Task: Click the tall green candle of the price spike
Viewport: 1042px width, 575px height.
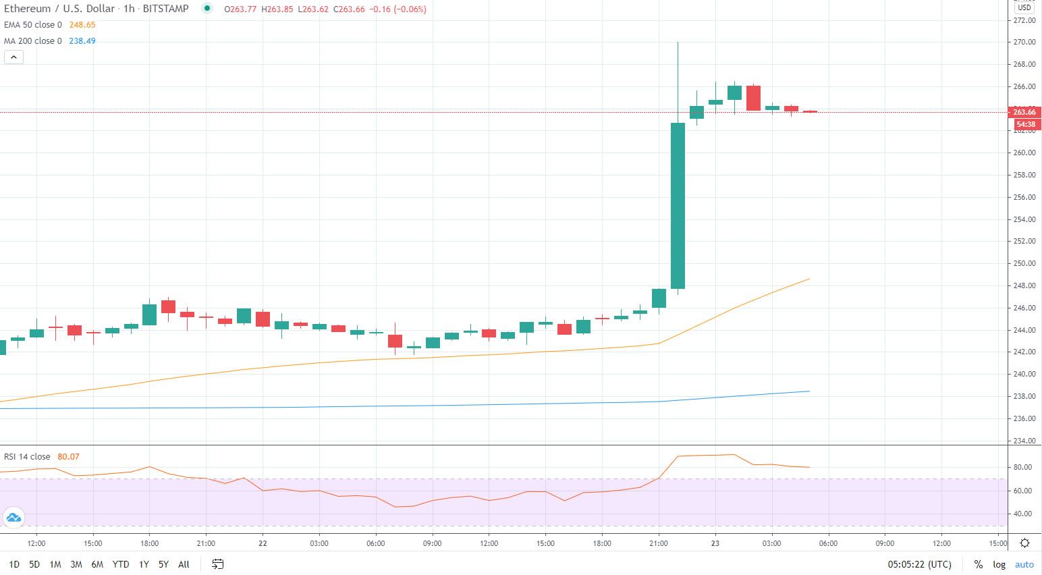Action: click(x=678, y=205)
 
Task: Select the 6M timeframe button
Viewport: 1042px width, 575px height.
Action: click(x=97, y=564)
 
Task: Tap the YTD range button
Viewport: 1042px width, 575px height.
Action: click(x=121, y=564)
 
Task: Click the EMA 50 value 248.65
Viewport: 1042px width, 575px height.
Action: click(x=82, y=25)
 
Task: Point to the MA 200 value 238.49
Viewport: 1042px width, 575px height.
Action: click(x=82, y=41)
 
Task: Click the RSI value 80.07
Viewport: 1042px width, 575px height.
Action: click(x=68, y=457)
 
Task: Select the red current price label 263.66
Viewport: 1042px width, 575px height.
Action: click(x=1024, y=112)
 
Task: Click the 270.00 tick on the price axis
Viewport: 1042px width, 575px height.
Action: click(x=1024, y=42)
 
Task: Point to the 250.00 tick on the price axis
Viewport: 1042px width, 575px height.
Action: click(x=1024, y=263)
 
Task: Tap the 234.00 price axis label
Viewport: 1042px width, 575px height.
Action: click(x=1024, y=441)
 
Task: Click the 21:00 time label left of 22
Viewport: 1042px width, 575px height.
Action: click(x=206, y=543)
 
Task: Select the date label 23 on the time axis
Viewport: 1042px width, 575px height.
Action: click(x=715, y=543)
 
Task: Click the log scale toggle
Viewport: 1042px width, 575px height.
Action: click(x=999, y=564)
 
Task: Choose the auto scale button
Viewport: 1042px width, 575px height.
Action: click(x=1024, y=564)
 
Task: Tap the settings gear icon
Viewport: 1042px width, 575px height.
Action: click(x=1024, y=543)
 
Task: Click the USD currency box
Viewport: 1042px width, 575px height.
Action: click(x=1024, y=7)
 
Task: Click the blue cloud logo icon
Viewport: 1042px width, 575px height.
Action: click(x=13, y=518)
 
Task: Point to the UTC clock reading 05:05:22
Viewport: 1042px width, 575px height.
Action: click(x=918, y=564)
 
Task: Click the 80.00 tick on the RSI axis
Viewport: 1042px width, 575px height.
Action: click(x=1022, y=467)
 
